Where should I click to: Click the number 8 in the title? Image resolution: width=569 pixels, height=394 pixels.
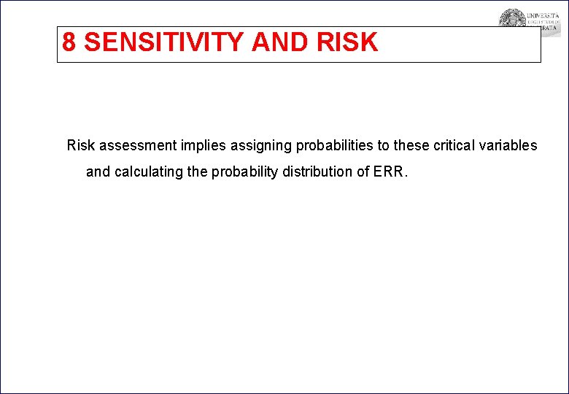click(69, 42)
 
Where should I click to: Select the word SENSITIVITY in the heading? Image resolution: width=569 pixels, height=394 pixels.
click(164, 42)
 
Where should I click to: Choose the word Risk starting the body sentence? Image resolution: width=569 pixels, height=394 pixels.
click(81, 145)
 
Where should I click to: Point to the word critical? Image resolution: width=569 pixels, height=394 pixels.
click(457, 145)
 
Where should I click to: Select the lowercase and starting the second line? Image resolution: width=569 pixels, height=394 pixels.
click(98, 173)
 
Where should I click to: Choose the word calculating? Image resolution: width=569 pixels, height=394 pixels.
click(150, 173)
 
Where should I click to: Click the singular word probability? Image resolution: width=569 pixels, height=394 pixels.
click(245, 173)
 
